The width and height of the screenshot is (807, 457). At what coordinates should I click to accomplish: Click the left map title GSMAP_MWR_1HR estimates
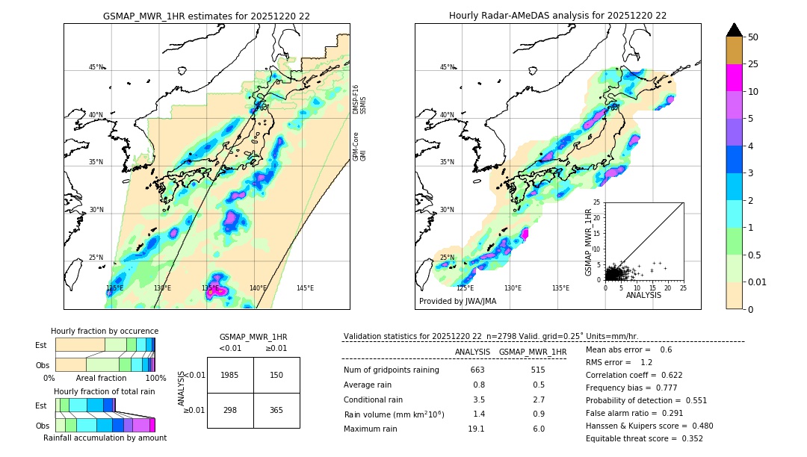pyautogui.click(x=206, y=16)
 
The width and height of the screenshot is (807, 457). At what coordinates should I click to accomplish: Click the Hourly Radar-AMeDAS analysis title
pyautogui.click(x=557, y=16)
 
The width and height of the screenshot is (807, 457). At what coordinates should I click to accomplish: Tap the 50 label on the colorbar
pyautogui.click(x=753, y=37)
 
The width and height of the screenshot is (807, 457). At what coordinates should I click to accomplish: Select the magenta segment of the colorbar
pyautogui.click(x=734, y=78)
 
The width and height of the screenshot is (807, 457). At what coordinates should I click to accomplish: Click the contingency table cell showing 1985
pyautogui.click(x=230, y=375)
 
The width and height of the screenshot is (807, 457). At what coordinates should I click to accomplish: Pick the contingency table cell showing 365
pyautogui.click(x=276, y=410)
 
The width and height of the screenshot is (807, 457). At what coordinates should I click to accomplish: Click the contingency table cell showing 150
pyautogui.click(x=276, y=375)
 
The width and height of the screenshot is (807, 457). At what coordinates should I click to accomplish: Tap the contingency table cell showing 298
pyautogui.click(x=230, y=410)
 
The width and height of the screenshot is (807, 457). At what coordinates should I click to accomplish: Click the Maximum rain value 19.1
pyautogui.click(x=476, y=429)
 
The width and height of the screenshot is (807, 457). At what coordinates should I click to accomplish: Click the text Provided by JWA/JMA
pyautogui.click(x=457, y=301)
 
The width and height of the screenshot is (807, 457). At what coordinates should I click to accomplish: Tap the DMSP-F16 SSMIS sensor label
pyautogui.click(x=359, y=99)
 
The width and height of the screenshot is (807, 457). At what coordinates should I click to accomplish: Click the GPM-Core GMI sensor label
pyautogui.click(x=359, y=147)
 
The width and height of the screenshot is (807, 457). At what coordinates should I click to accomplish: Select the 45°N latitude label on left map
pyautogui.click(x=96, y=67)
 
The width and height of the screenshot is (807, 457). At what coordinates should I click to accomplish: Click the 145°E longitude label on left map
pyautogui.click(x=305, y=287)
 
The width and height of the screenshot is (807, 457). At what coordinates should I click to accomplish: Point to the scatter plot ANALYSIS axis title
pyautogui.click(x=643, y=295)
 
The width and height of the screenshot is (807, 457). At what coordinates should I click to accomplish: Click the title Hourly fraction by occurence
pyautogui.click(x=105, y=331)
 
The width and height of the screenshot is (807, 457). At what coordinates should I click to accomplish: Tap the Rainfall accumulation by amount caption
pyautogui.click(x=105, y=438)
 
